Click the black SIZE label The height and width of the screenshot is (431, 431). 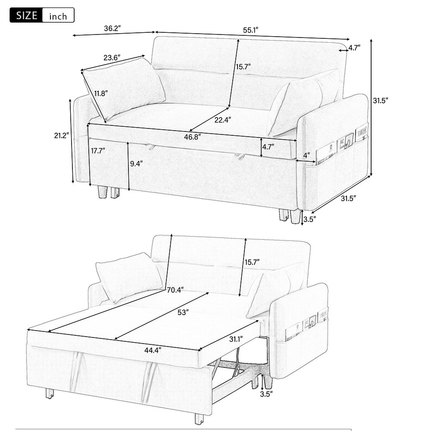point(26,16)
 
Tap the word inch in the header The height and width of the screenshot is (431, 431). point(58,16)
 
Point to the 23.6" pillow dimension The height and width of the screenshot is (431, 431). point(112,57)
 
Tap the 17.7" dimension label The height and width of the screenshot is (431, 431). point(98,150)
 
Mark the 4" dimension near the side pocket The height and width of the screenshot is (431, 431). point(306,155)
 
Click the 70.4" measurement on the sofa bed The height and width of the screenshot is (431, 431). point(174,290)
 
